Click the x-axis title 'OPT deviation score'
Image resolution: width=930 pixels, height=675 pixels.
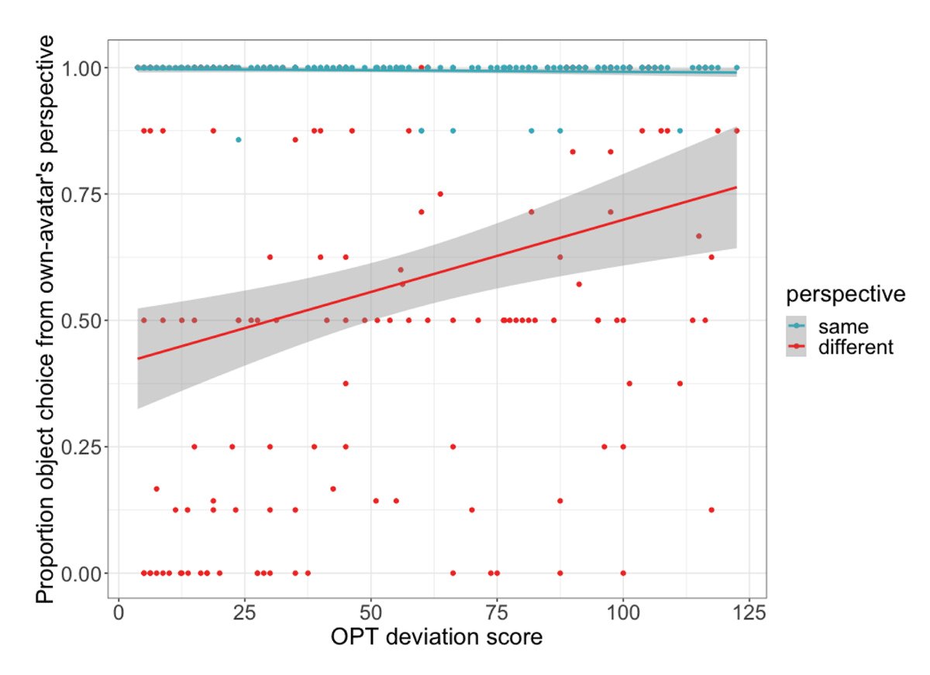point(436,639)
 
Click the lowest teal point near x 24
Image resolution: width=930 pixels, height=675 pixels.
point(239,139)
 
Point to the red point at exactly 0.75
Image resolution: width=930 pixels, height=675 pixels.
point(440,194)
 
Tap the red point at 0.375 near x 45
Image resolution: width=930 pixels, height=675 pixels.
point(346,383)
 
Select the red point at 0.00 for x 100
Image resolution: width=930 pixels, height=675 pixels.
point(623,573)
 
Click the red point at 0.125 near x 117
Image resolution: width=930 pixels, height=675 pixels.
point(711,509)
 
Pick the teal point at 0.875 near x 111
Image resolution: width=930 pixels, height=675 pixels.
point(680,131)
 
